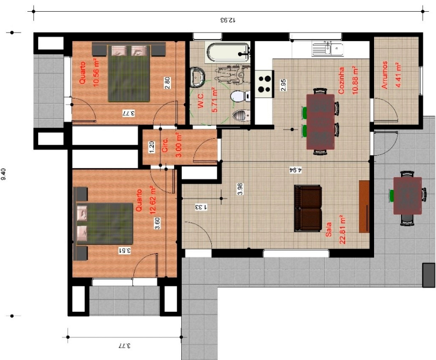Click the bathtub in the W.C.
(x=228, y=52)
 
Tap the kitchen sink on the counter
(x=327, y=48)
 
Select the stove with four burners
(x=264, y=84)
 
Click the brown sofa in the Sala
(x=308, y=208)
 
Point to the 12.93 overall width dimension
(x=228, y=20)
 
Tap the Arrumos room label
(x=384, y=75)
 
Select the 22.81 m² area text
(x=342, y=230)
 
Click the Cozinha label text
(x=342, y=81)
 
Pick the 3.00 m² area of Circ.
(x=179, y=145)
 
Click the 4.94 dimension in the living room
(x=296, y=170)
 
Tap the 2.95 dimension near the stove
(x=283, y=85)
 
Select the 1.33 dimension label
(x=202, y=207)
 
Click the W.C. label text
(x=200, y=100)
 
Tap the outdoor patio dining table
(x=408, y=196)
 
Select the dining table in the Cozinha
(x=320, y=122)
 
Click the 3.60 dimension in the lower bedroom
(x=157, y=223)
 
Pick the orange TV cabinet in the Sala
(x=364, y=207)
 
